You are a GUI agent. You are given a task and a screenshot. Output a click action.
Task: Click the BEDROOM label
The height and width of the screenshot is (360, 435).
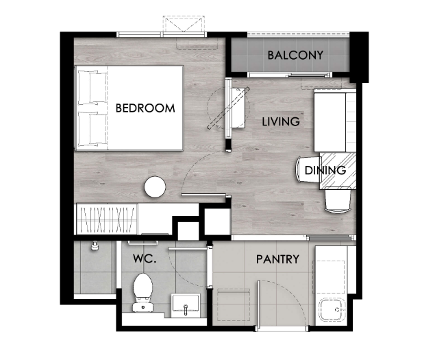click(x=145, y=108)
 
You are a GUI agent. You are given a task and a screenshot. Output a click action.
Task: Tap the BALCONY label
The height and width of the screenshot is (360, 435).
click(x=295, y=55)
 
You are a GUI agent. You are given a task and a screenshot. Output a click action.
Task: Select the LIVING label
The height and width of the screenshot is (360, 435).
click(x=281, y=121)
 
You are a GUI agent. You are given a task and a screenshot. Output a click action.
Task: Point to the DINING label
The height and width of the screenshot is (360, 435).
click(x=325, y=170)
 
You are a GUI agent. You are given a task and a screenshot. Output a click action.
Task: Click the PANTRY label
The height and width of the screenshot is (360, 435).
click(x=277, y=259)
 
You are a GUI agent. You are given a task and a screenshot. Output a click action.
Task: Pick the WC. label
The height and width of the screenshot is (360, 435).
click(x=145, y=259)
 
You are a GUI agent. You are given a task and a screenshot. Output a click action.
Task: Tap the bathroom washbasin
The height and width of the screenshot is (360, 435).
click(x=186, y=305)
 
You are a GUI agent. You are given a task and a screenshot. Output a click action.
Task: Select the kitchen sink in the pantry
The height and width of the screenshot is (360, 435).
click(x=332, y=309)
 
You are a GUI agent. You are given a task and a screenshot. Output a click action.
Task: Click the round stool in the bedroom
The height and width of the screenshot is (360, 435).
click(x=155, y=187)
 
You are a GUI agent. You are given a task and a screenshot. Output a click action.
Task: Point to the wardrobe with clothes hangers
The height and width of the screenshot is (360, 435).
click(x=107, y=219)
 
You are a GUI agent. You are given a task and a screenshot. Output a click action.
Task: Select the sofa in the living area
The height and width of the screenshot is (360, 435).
click(x=334, y=122)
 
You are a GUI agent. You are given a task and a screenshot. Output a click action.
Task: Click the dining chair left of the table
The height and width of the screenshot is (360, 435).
click(x=308, y=170)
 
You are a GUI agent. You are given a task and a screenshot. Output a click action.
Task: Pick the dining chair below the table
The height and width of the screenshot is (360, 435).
click(x=338, y=200)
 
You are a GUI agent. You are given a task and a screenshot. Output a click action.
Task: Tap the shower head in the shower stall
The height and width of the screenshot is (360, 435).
click(x=95, y=246)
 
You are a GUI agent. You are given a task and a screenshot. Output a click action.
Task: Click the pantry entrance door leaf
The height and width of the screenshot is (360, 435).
click(x=259, y=306)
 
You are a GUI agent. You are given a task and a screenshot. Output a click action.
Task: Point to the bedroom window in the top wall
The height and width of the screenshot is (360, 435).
click(x=162, y=34)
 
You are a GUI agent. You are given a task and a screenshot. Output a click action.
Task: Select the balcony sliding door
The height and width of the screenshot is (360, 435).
click(x=290, y=75)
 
